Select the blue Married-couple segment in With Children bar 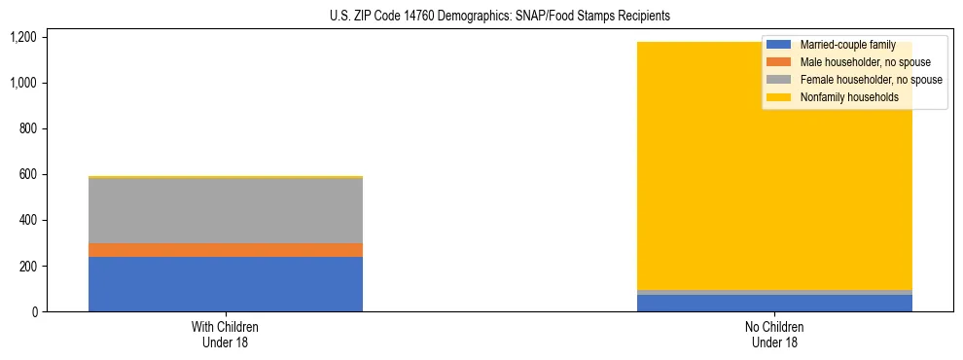point(226,284)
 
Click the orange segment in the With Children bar point(226,250)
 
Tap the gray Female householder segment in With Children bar point(226,210)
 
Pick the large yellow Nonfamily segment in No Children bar point(681,185)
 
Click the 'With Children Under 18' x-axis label point(226,335)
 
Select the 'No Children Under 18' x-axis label point(774,335)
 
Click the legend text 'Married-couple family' point(846,45)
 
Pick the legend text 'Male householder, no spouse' point(865,62)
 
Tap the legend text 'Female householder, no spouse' point(871,80)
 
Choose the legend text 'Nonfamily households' point(849,97)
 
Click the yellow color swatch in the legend point(779,97)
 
